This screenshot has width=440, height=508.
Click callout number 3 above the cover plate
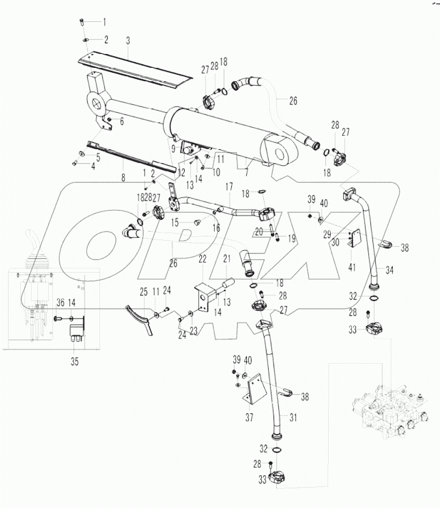tap(128, 40)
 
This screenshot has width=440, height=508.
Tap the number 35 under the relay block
tap(74, 362)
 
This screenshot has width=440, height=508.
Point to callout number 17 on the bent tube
tap(229, 187)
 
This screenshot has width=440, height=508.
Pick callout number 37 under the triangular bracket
tap(249, 417)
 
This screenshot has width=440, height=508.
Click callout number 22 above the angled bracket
tap(203, 259)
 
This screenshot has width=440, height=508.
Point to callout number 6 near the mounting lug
tap(122, 122)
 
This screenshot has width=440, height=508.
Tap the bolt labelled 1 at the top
tap(81, 22)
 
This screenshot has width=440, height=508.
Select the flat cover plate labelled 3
tap(134, 67)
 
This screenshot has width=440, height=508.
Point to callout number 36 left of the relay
tap(60, 303)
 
